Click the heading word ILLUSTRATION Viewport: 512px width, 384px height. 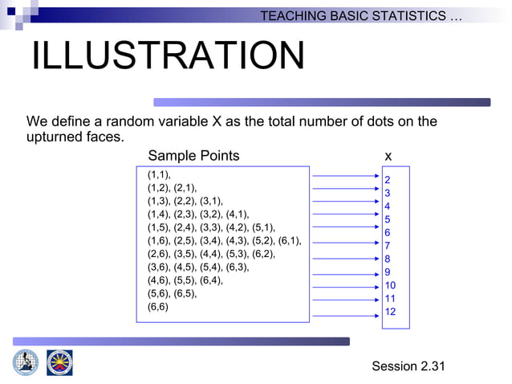[168, 56]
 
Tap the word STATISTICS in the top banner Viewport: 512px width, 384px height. [408, 16]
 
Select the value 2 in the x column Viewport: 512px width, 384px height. [387, 180]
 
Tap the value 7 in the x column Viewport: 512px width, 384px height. [387, 246]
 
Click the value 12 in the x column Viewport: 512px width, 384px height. [390, 312]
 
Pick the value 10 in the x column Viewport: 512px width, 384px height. [390, 285]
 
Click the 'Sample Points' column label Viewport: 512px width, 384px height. [193, 156]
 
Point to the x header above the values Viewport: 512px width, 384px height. [388, 156]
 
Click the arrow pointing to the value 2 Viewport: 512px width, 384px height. [345, 174]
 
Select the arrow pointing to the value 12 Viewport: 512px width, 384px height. [345, 316]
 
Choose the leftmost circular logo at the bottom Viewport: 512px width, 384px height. [25, 362]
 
